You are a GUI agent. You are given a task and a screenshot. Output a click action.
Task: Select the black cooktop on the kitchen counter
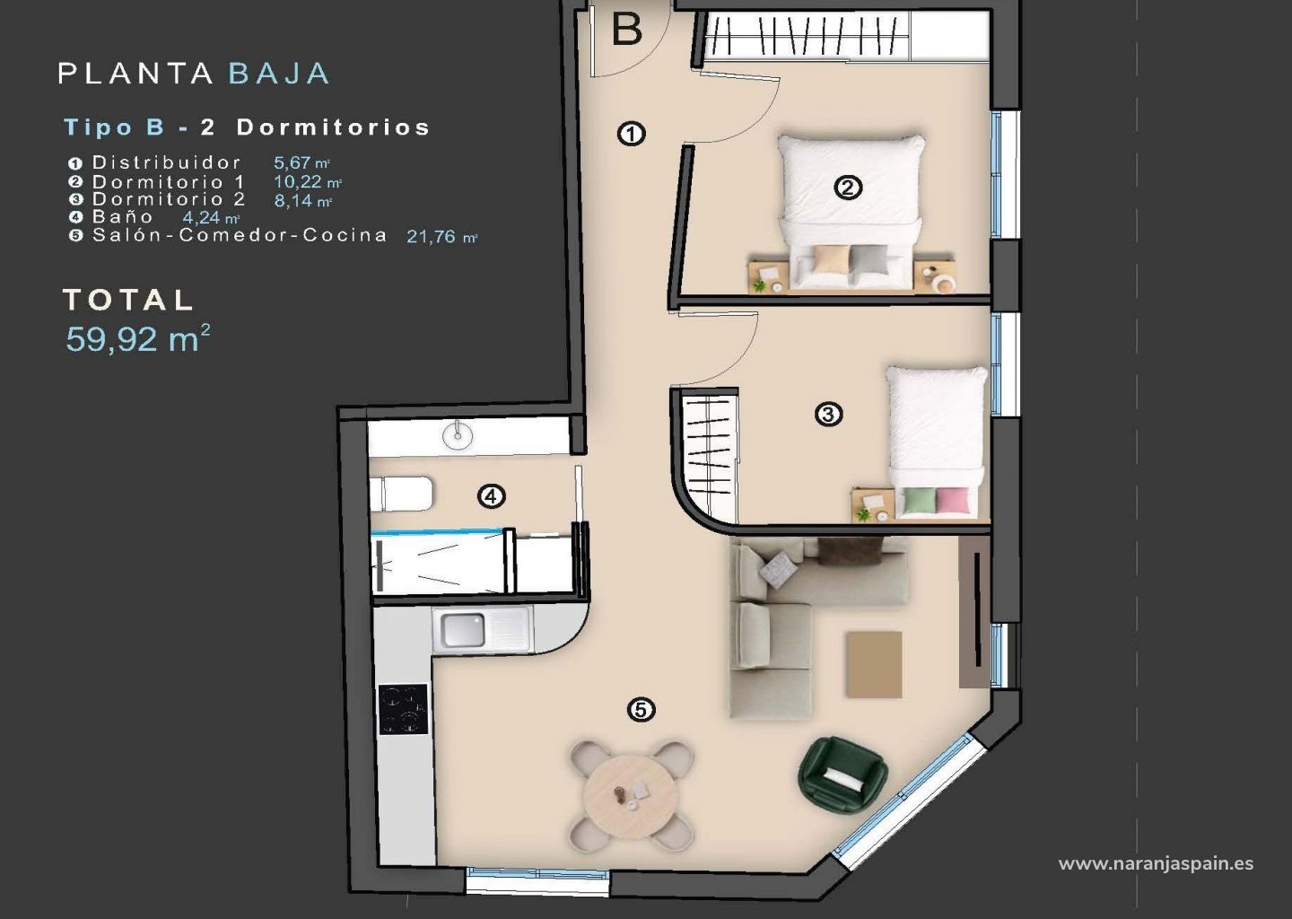[x=403, y=709]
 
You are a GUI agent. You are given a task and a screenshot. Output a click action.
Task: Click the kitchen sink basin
[x=463, y=630]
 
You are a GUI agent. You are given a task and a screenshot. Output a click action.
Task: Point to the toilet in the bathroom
[x=401, y=494]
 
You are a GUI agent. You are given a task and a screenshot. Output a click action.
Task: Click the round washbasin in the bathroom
[x=458, y=435]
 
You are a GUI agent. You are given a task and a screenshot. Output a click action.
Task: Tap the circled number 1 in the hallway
[x=632, y=134]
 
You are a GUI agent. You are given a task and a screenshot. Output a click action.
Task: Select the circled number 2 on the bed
[x=849, y=188]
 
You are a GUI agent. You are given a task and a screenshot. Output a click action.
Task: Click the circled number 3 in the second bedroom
[x=829, y=414]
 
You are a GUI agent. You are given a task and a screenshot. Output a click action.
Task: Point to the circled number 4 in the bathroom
[x=492, y=496]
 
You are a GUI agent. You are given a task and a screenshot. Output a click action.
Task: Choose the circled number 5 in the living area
[x=642, y=710]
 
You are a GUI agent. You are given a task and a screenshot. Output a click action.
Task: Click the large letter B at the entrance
[x=627, y=30]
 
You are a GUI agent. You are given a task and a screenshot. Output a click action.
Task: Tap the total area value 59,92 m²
[x=137, y=338]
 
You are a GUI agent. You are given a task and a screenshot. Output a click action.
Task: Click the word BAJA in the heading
[x=279, y=74]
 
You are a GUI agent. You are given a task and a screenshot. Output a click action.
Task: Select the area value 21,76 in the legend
[x=431, y=236]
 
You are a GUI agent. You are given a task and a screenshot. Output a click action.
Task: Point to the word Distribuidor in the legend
[x=167, y=162]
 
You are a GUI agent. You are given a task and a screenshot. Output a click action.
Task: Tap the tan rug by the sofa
[x=874, y=664]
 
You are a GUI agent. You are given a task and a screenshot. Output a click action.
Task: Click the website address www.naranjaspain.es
[x=1156, y=863]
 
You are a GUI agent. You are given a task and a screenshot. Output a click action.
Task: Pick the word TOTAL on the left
[x=127, y=300]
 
